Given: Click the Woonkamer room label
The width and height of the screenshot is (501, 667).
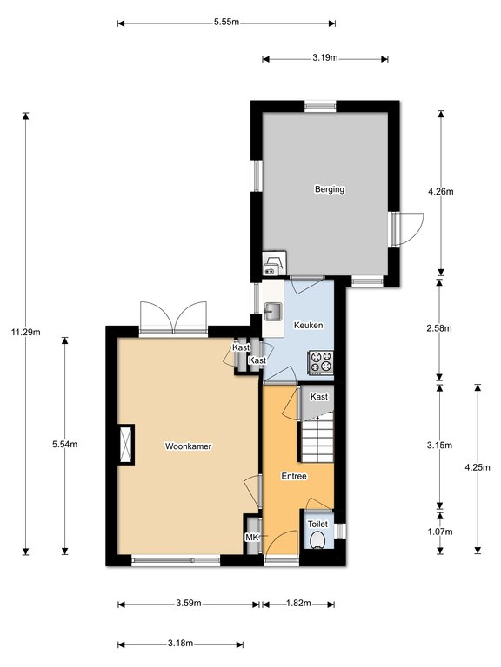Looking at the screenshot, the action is (188, 446).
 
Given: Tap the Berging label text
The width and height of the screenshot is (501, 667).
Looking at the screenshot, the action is (330, 189).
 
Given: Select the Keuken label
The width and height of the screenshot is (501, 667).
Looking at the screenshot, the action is (309, 326).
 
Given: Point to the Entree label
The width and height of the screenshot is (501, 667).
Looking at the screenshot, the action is (294, 477).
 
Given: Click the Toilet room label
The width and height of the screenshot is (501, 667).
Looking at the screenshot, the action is (317, 525).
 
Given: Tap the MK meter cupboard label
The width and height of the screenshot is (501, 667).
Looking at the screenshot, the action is (251, 538).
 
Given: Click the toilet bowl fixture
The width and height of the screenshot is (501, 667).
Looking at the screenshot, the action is (317, 541).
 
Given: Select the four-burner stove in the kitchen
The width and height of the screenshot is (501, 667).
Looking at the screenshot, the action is (321, 362).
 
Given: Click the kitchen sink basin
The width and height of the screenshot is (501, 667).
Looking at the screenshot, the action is (272, 312).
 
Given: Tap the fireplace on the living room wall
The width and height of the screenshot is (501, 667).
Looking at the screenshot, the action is (126, 445).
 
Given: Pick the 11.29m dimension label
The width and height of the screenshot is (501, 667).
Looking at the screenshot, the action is (25, 333).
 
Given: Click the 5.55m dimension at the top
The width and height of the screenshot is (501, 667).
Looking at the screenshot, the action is (227, 22).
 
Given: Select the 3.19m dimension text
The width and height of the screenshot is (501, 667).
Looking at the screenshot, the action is (325, 58).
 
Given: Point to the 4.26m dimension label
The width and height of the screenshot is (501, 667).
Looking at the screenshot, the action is (441, 191).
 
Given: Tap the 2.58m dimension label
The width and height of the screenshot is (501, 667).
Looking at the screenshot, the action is (439, 328).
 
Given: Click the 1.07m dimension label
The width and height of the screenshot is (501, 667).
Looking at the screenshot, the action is (439, 532).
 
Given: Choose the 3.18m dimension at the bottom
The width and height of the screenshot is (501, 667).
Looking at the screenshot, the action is (181, 644).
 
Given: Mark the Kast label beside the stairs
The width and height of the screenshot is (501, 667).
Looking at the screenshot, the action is (319, 397).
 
